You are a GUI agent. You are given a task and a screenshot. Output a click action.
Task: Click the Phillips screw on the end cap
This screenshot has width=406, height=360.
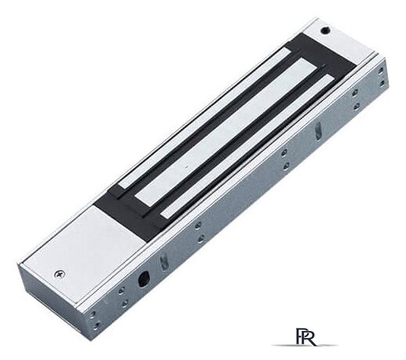(x=60, y=274)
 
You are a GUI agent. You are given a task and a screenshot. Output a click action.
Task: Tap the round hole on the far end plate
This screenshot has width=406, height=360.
(x=325, y=30)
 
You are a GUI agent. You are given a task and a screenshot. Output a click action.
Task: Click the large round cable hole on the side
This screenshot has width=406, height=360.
(x=144, y=280)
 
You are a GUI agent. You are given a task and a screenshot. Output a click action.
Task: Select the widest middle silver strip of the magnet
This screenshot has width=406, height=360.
(x=225, y=132)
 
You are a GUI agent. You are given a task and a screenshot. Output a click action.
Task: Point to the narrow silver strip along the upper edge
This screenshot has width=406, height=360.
(x=204, y=118)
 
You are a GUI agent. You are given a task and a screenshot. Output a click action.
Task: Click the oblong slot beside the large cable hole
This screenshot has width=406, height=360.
(x=163, y=262)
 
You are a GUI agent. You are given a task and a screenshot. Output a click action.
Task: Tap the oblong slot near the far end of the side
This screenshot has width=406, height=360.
(x=319, y=130)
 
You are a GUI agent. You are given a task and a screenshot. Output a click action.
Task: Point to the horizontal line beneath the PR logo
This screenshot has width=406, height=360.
(x=305, y=345)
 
